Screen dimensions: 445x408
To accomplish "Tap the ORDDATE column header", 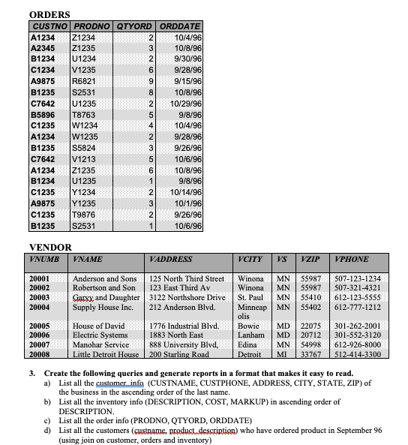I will coord(180,26).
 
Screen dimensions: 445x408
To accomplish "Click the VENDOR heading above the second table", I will coord(50,247).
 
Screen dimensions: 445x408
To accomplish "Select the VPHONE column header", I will coord(352,259).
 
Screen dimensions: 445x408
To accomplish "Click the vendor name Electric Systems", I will coord(100,335).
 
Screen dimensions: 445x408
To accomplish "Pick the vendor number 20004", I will coord(39,307).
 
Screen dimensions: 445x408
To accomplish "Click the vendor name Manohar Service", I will coord(101,344).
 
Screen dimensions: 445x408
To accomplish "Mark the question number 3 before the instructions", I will coord(31,373).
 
